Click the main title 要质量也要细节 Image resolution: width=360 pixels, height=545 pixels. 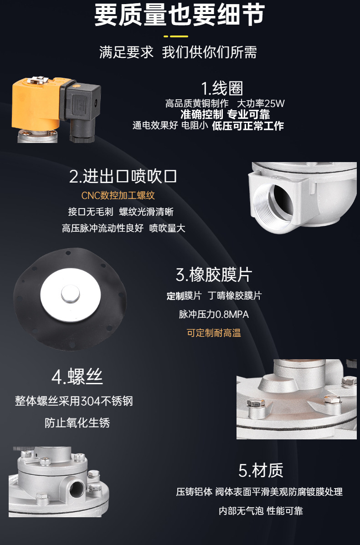(x=180, y=15)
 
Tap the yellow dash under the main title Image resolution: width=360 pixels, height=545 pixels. (x=175, y=36)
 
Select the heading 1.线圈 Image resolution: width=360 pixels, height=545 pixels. (x=222, y=88)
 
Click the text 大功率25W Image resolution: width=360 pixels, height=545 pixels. (x=261, y=103)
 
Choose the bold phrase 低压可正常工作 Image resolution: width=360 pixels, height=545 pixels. (x=248, y=126)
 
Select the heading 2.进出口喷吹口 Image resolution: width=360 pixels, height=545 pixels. (x=123, y=176)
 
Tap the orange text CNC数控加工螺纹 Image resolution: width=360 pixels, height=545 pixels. (x=118, y=195)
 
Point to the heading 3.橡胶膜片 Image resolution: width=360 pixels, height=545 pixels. (x=214, y=275)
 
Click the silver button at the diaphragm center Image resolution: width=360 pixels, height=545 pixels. (x=71, y=294)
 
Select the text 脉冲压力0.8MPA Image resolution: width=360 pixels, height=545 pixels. (x=214, y=314)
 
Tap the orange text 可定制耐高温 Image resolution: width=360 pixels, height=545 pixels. (x=214, y=333)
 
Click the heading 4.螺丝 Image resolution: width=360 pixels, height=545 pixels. (x=77, y=377)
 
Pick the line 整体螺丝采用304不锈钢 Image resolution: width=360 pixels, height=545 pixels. (x=74, y=401)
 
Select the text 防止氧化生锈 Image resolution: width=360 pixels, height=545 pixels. (x=77, y=423)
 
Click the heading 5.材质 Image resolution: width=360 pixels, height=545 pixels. (x=261, y=470)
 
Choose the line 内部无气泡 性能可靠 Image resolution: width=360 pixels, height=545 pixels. (x=261, y=510)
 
